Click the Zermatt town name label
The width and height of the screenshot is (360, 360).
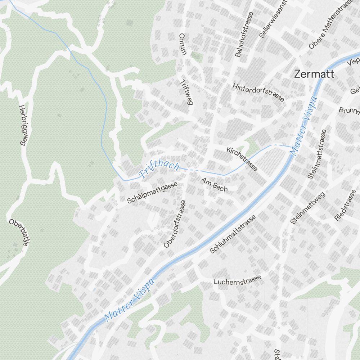314,74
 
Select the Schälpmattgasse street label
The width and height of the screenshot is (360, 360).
152,193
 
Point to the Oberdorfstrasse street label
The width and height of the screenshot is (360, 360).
174,224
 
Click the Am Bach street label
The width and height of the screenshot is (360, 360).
214,184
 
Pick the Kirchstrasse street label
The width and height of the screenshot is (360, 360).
242,159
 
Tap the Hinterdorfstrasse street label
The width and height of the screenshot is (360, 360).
258,92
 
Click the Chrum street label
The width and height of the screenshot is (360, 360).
183,44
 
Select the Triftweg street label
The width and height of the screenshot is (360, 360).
186,92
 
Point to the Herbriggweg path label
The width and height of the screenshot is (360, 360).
23,125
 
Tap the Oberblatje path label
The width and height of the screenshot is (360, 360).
19,233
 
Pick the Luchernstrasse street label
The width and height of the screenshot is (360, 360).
237,280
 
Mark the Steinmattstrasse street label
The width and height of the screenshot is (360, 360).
317,154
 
